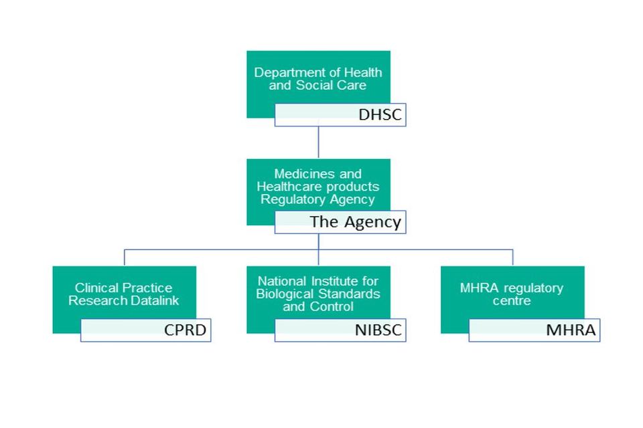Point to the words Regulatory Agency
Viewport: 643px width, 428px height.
coord(317,199)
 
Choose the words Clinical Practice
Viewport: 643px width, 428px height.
coord(123,288)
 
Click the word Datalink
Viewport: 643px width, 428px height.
coord(155,301)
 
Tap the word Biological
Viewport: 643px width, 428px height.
coord(285,294)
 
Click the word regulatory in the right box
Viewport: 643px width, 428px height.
coord(534,288)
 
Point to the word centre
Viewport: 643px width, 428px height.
coord(512,301)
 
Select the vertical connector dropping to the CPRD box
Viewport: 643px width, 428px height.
coord(125,257)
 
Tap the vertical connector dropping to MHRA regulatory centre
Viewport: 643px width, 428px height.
coord(512,257)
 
